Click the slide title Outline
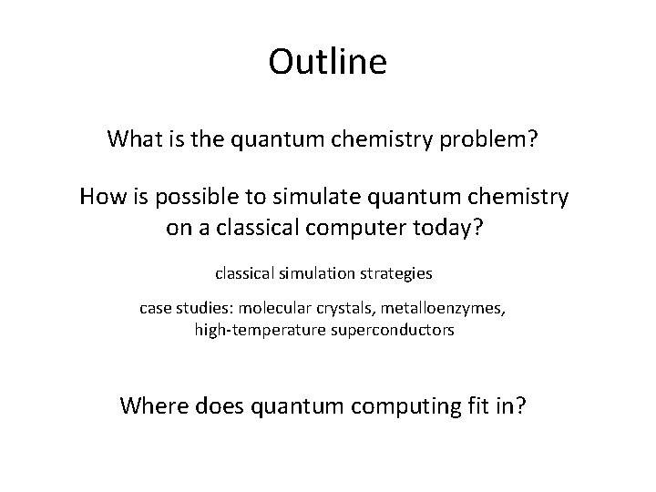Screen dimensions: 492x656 point(327,62)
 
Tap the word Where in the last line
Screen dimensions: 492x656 point(154,405)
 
